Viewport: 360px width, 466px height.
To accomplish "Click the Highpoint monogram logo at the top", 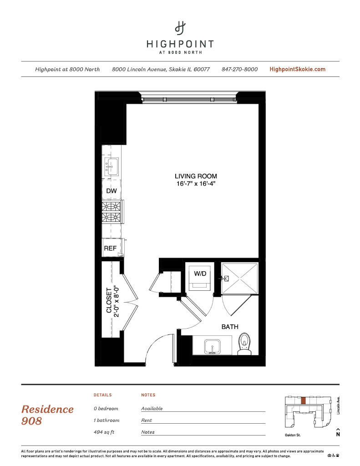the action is tap(180, 28).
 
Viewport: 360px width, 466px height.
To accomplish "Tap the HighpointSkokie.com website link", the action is tap(297, 69).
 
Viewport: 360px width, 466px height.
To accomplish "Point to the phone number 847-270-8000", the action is tap(239, 69).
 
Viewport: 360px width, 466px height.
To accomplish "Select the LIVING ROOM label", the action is tap(196, 176).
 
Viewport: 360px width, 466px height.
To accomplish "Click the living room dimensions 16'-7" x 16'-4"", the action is tap(196, 184).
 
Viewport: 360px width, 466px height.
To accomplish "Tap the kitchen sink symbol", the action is tap(112, 166).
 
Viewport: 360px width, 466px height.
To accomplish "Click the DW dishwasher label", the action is tap(112, 191).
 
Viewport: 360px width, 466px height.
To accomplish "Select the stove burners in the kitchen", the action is tap(111, 212).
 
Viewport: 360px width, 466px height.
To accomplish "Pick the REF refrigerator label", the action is tap(110, 248).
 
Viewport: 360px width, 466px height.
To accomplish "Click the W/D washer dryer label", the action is tap(200, 274).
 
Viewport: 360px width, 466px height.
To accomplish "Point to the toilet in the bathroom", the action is tap(244, 344).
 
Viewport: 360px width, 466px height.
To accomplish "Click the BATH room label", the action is tap(230, 327).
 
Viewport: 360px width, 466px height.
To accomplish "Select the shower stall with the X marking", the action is tap(240, 278).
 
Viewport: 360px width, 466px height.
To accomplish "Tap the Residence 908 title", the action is tap(47, 415).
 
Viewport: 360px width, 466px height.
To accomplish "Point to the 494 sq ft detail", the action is tap(104, 432).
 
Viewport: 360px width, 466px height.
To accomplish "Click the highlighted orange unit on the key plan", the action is tap(303, 400).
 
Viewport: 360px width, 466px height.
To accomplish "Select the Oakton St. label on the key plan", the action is tap(293, 435).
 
